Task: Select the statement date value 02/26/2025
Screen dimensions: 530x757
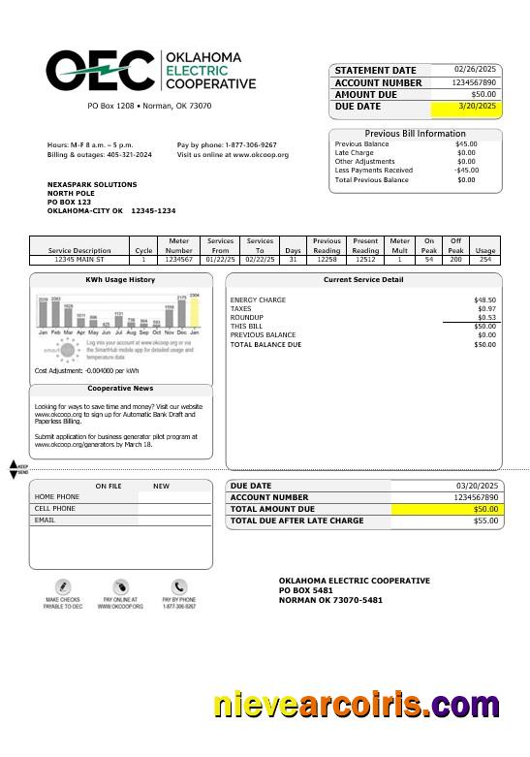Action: coord(475,70)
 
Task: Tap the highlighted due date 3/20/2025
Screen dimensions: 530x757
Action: coord(477,107)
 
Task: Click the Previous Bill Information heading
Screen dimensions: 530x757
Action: coord(415,134)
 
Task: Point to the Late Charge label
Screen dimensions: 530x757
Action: coord(354,153)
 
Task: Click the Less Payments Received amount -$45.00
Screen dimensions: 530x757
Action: coord(466,171)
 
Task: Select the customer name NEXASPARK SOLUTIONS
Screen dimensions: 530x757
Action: coord(92,184)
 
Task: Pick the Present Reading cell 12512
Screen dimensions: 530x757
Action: coord(365,260)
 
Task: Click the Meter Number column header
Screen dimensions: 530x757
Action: coord(179,245)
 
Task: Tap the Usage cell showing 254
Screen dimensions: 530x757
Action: coord(485,260)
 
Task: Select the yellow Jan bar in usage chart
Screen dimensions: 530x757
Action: coord(194,312)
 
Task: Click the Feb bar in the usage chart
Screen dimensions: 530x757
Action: coord(55,314)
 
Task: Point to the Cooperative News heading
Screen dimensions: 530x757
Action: coord(120,389)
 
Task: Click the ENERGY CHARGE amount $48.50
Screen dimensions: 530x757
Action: coord(484,300)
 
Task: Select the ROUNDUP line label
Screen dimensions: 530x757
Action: coord(246,318)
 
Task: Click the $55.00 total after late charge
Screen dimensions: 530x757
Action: coord(484,521)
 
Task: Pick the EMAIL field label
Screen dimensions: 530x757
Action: coord(45,520)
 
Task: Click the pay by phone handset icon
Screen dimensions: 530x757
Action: coord(179,587)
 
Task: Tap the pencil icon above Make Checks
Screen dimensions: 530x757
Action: coord(63,587)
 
